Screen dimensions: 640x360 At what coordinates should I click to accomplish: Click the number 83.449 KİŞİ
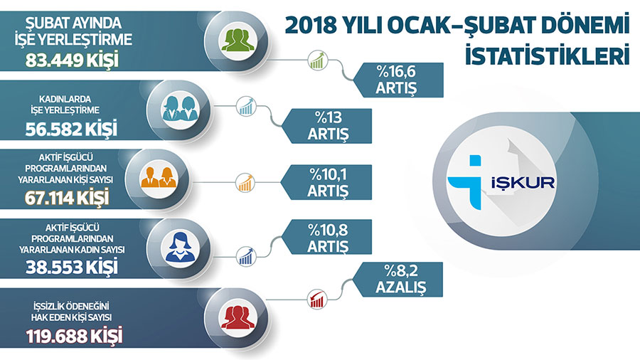pos(72,60)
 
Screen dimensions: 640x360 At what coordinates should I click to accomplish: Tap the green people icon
pos(237,40)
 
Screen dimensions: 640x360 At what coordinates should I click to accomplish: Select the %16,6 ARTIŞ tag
pos(398,80)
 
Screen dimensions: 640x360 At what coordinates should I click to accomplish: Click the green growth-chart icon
pos(318,60)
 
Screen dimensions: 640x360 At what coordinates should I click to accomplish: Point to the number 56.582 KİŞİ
pos(71,129)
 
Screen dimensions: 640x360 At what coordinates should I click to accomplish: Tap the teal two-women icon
pos(180,108)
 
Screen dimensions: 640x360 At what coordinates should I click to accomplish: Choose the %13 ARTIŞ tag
pos(326,126)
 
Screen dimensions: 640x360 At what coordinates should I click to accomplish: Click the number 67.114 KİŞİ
pos(67,198)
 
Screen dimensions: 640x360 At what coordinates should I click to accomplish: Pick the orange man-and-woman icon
pos(159,177)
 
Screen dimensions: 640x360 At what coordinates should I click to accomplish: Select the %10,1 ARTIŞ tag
pos(326,182)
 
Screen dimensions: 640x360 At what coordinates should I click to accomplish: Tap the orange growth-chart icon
pos(245,183)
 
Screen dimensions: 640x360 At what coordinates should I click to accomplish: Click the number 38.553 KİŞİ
pos(71,268)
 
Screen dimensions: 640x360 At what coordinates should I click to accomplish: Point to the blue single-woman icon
pos(180,247)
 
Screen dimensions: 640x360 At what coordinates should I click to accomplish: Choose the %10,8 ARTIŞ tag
pos(326,238)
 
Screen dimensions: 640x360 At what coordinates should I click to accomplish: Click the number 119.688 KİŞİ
pos(74,337)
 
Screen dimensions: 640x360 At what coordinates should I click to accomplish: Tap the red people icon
pos(238,317)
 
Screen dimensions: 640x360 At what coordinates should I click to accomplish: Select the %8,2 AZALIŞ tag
pos(398,280)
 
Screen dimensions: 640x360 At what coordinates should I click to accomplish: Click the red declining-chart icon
pos(317,300)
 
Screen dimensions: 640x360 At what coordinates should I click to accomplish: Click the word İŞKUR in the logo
pos(523,182)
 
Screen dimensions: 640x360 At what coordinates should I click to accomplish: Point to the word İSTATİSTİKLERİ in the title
pos(547,56)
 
